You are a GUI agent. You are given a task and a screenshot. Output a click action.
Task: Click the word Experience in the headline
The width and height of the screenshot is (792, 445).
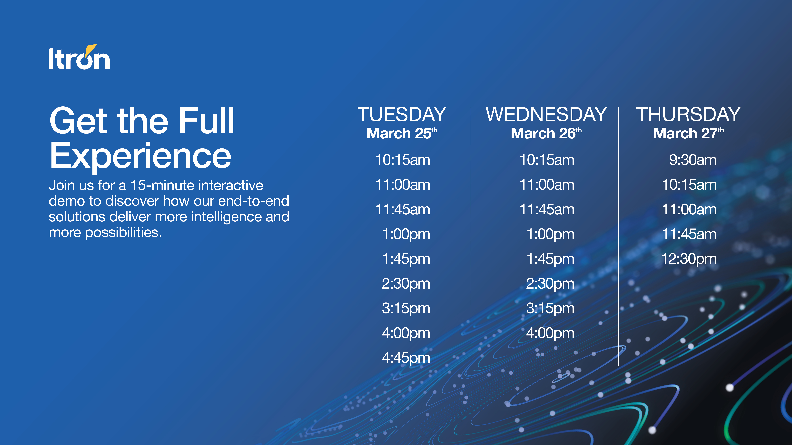click(140, 156)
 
